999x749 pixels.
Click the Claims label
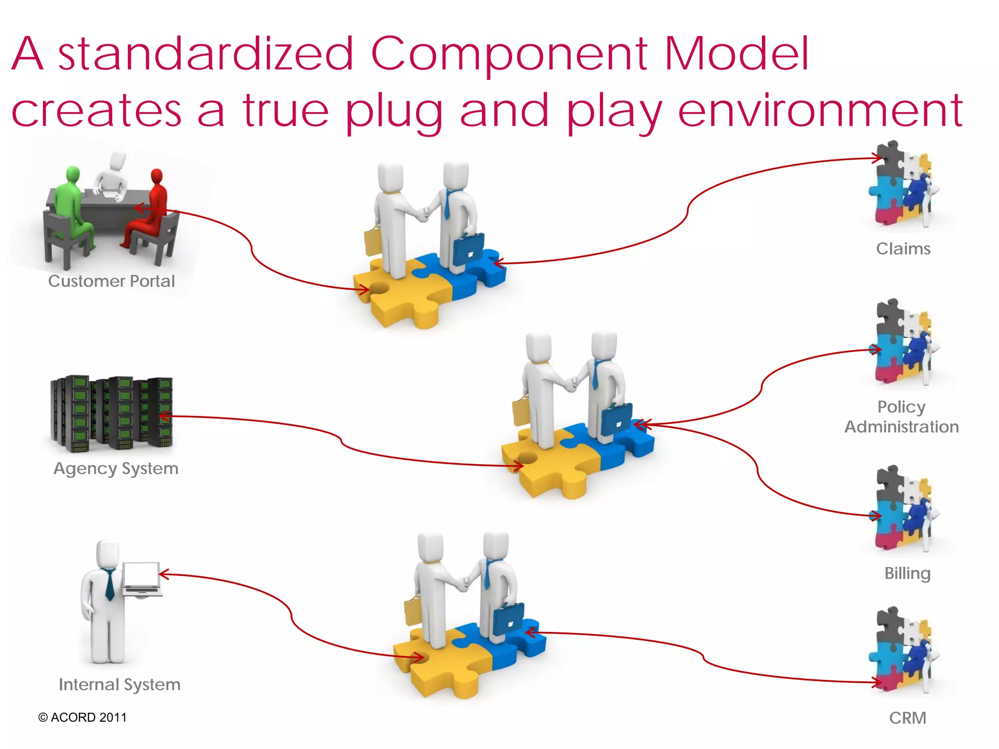[903, 249]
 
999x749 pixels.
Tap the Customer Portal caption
[111, 281]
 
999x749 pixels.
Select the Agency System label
[116, 468]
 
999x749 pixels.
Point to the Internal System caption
[120, 684]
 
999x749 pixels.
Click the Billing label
[907, 573]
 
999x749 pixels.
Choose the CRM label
[907, 718]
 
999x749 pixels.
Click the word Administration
[901, 427]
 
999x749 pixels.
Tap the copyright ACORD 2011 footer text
[82, 717]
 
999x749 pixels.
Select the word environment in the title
[820, 111]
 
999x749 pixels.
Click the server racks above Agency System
[111, 412]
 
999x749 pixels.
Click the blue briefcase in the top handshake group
[468, 249]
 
